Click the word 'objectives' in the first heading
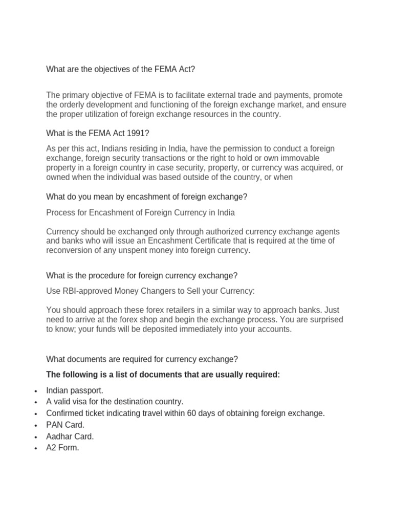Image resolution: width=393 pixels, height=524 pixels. (x=107, y=69)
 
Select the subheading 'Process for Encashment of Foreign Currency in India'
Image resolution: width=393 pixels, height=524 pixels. (x=140, y=212)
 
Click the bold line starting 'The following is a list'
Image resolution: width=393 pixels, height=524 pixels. (x=163, y=375)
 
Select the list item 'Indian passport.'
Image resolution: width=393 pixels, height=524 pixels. (x=75, y=390)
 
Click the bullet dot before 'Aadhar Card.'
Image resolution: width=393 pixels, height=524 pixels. (x=34, y=437)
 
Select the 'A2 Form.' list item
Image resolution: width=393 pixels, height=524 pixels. (x=62, y=448)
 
